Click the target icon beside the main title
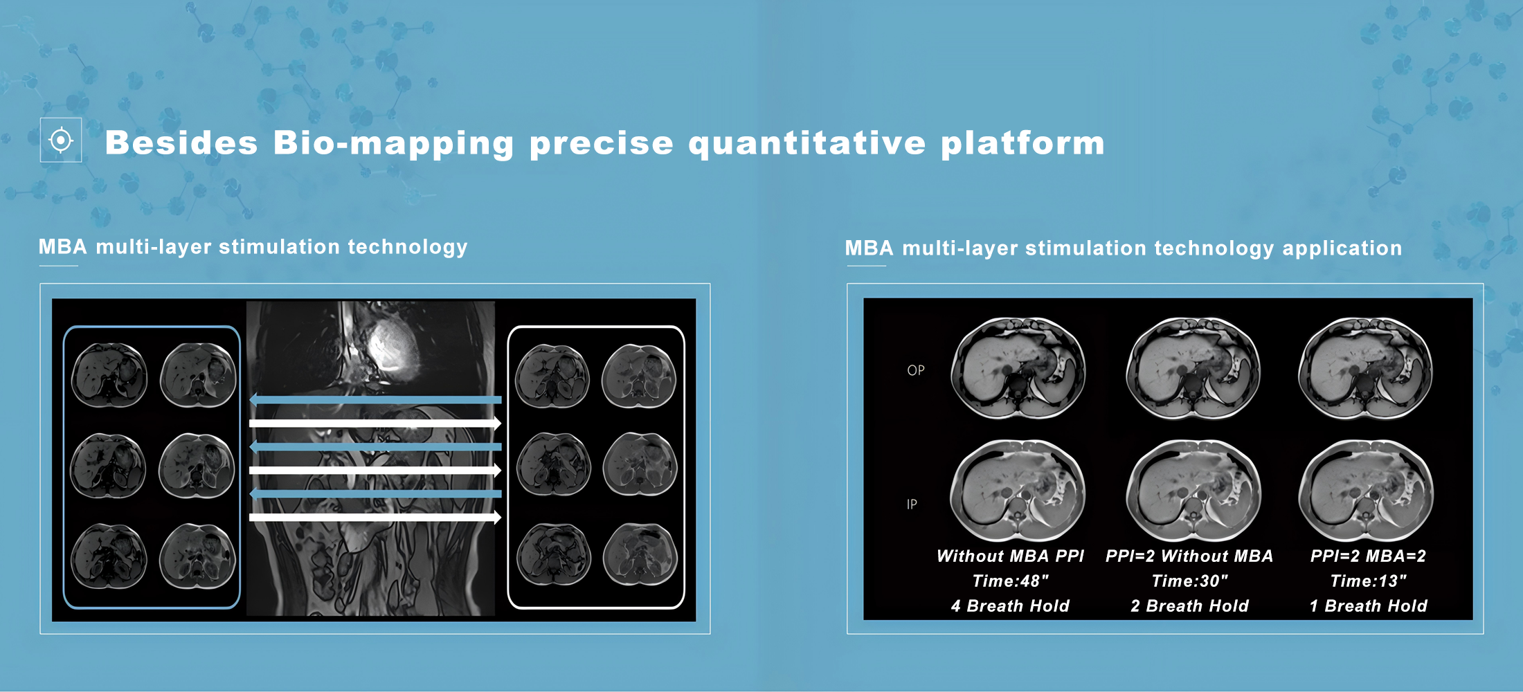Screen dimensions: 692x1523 tap(61, 140)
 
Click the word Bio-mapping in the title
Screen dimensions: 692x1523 tap(393, 143)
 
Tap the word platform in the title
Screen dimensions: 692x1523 tap(1022, 143)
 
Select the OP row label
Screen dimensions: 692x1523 tap(915, 370)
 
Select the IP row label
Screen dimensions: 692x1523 tap(912, 504)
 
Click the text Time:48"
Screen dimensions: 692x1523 tap(1010, 581)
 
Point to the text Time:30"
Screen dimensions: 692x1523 tap(1189, 581)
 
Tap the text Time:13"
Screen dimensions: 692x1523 tap(1368, 581)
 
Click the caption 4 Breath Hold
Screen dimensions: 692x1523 tap(1010, 606)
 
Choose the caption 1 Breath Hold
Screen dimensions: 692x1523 tap(1368, 606)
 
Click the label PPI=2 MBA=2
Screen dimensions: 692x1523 tap(1368, 556)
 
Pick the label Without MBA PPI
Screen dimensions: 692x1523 tap(1010, 556)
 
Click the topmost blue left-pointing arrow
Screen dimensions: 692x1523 tap(375, 399)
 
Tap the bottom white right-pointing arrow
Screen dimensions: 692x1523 tap(375, 517)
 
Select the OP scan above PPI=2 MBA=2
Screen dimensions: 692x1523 tap(1365, 368)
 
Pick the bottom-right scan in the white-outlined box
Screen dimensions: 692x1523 tap(640, 555)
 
